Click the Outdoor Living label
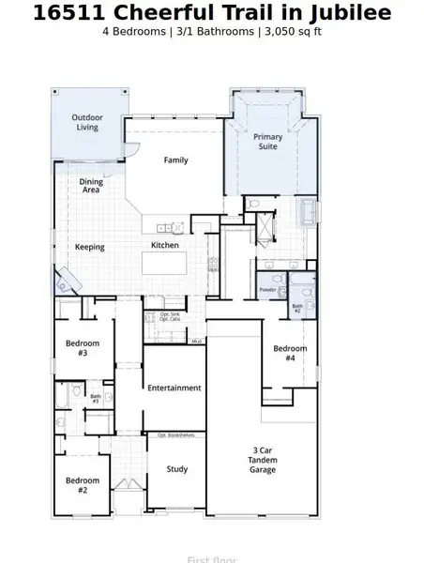point(86,122)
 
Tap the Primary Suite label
point(268,142)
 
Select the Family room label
point(176,160)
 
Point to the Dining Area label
point(91,185)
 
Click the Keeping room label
point(90,248)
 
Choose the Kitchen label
point(165,246)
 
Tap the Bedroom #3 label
point(83,348)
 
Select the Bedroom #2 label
point(83,485)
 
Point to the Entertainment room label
point(174,388)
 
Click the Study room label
point(176,469)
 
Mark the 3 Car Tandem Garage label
point(263,460)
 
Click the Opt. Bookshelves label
point(174,435)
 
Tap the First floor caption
point(211,559)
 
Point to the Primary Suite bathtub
point(307,212)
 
